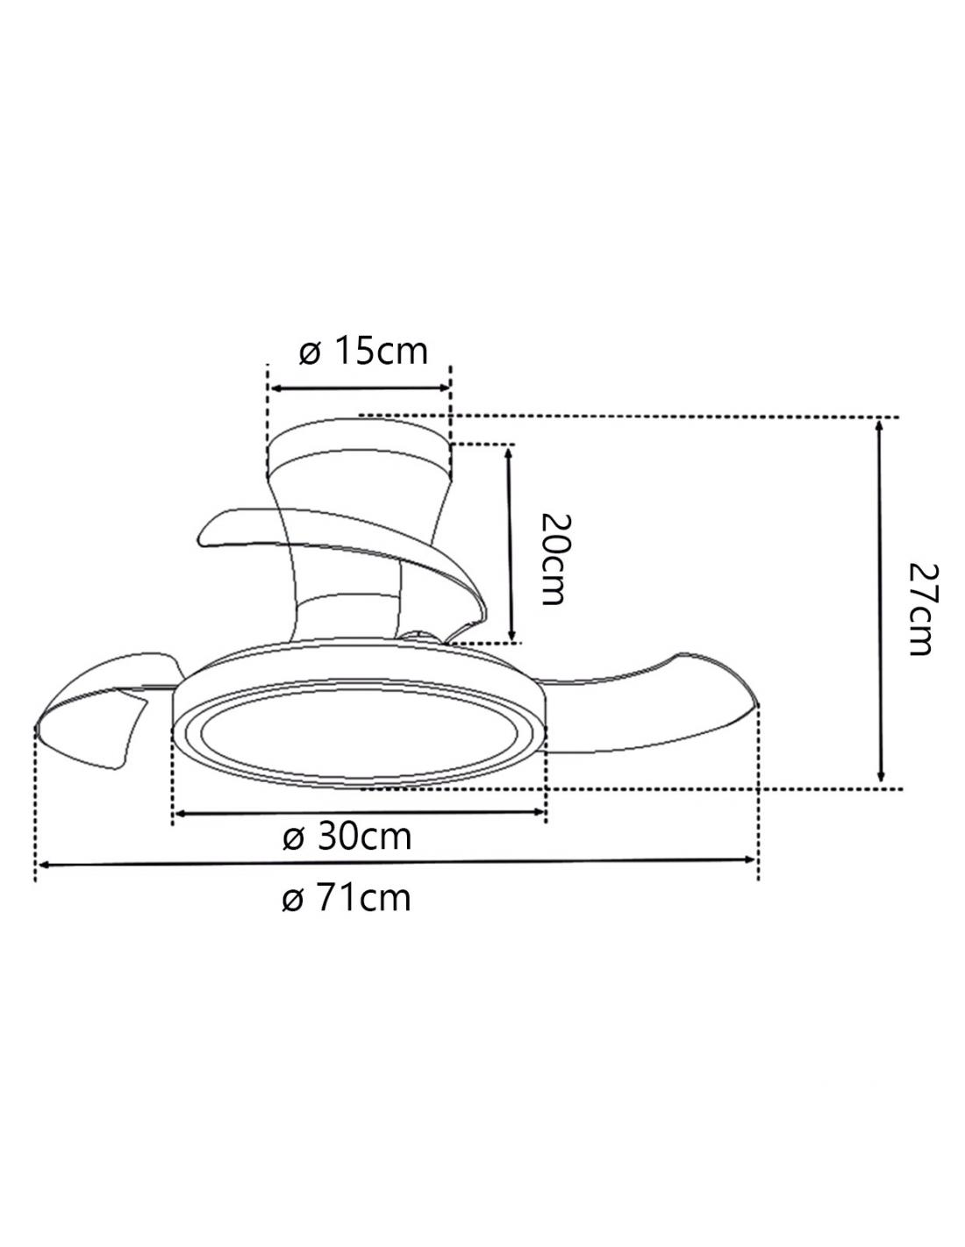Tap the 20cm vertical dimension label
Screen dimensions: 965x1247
click(x=556, y=559)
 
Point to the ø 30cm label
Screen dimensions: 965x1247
click(x=347, y=837)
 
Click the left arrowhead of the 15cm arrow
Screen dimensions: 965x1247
click(x=275, y=388)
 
